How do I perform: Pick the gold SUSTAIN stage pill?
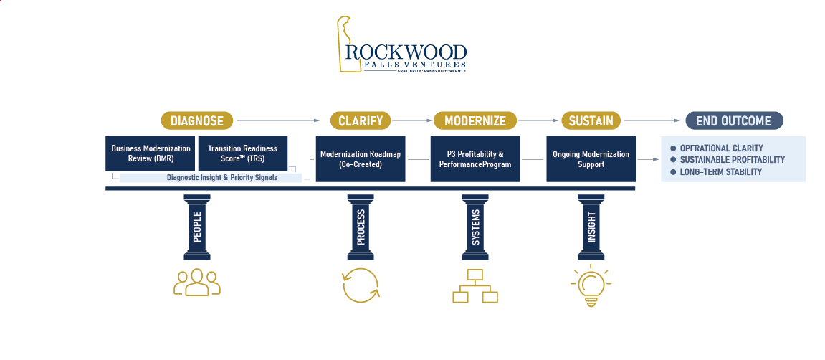pos(591,120)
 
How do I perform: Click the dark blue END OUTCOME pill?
pos(733,120)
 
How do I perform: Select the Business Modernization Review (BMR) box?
pos(151,153)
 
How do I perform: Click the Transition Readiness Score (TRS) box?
pos(242,153)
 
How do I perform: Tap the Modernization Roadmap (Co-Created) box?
pos(361,159)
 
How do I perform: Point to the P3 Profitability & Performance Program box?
pos(475,159)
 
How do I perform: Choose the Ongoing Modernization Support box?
pos(591,159)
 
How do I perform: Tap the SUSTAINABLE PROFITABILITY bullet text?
pos(732,160)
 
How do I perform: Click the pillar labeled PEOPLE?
pos(196,227)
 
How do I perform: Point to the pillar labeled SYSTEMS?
pos(475,227)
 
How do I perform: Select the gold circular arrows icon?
pos(360,285)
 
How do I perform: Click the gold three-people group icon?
pos(196,283)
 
